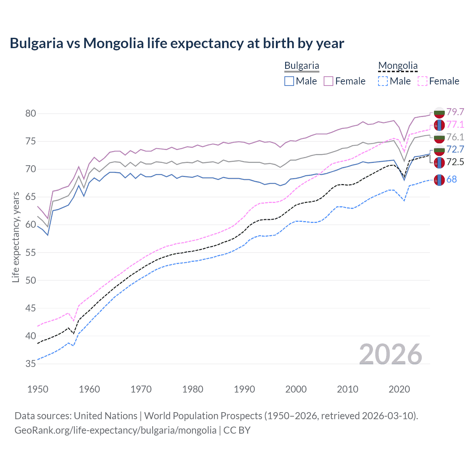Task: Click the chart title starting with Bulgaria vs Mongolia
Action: tap(177, 43)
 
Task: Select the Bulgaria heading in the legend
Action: tap(301, 66)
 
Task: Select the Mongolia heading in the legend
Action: tap(398, 66)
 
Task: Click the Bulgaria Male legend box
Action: tap(289, 81)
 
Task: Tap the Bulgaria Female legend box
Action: tap(328, 81)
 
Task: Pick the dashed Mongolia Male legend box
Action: tap(383, 81)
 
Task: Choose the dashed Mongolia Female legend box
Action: tap(422, 81)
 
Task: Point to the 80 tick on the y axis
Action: tap(31, 113)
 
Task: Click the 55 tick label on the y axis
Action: tap(31, 253)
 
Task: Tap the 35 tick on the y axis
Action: tap(31, 364)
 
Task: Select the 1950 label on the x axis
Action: tap(38, 389)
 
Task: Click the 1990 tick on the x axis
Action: tap(244, 389)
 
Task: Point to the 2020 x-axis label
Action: tap(399, 389)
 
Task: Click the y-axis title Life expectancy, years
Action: tap(16, 237)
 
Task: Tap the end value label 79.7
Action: tap(455, 112)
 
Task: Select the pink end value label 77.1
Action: tap(455, 124)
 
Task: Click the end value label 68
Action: tap(451, 180)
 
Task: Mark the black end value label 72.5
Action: tap(455, 162)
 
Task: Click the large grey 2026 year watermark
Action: tap(390, 354)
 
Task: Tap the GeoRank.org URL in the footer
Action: tap(115, 430)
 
